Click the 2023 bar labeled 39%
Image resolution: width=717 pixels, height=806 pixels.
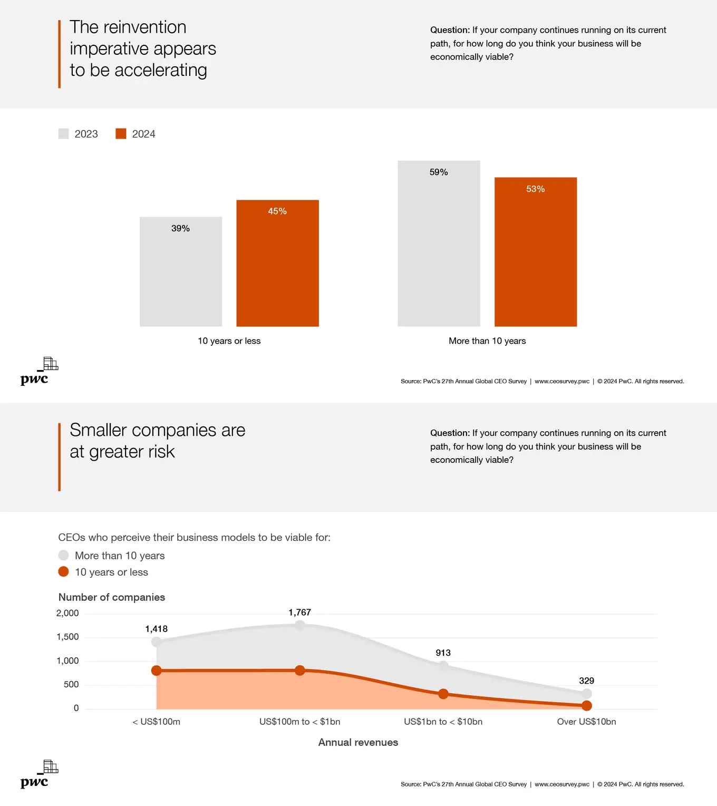tap(181, 271)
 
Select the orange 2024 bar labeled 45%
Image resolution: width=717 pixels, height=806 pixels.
tap(277, 263)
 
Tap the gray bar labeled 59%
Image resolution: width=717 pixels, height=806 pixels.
tap(439, 244)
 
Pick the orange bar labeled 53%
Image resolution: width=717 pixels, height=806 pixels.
tap(535, 252)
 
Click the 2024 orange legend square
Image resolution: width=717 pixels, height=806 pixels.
tap(121, 134)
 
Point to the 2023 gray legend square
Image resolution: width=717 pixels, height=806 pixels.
tap(63, 134)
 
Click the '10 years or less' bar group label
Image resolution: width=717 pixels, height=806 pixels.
tap(229, 341)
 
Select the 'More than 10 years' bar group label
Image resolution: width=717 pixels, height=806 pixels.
tap(487, 341)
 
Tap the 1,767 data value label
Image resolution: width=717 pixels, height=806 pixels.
tap(299, 613)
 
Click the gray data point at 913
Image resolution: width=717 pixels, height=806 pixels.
tap(443, 666)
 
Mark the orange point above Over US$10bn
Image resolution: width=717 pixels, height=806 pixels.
tap(586, 706)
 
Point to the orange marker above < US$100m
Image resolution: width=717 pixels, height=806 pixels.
tap(157, 671)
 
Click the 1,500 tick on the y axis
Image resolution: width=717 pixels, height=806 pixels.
tap(67, 637)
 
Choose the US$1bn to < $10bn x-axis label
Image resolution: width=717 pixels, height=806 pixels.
tap(443, 722)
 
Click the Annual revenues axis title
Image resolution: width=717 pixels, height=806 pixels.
tap(358, 742)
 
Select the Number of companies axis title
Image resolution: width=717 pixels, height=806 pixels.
tap(112, 597)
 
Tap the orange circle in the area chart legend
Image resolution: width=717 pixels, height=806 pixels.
tap(63, 572)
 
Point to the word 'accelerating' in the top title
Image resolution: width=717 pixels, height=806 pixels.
tap(160, 70)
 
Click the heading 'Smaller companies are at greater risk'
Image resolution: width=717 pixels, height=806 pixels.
tap(157, 441)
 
